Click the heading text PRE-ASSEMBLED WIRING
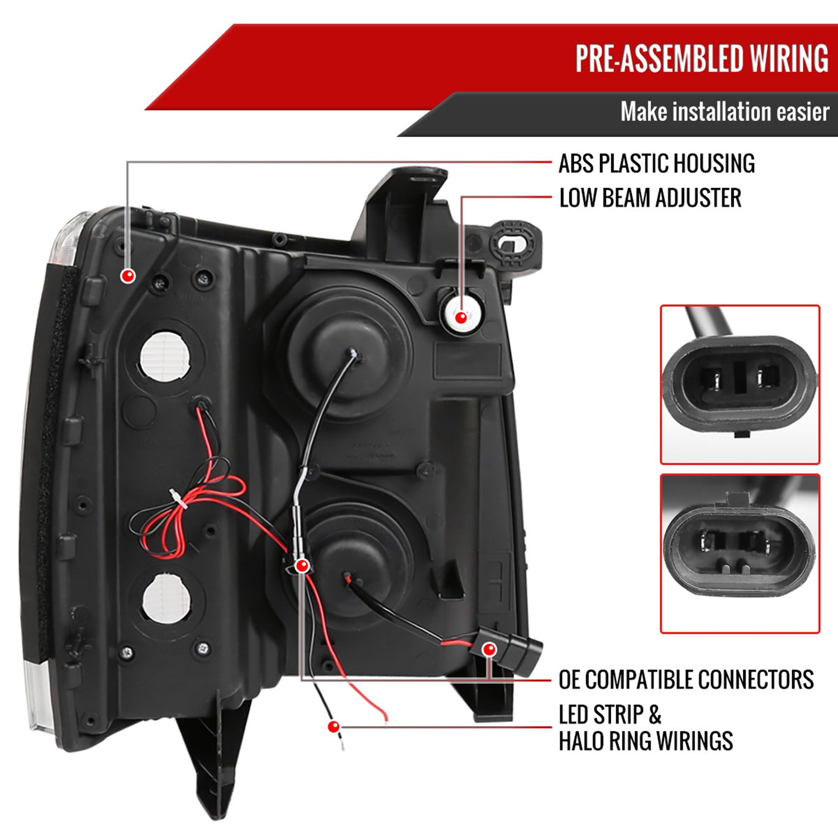tap(702, 59)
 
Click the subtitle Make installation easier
tap(725, 112)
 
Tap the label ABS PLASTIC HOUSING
tap(656, 164)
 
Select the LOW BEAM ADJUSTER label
tap(650, 198)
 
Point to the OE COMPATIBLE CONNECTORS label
tap(686, 680)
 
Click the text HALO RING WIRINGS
tap(646, 741)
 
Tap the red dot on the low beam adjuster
tap(461, 317)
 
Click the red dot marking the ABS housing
tap(128, 275)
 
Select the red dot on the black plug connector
tap(489, 649)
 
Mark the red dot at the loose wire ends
tap(334, 727)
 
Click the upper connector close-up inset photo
tap(740, 384)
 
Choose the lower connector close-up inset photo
tap(740, 554)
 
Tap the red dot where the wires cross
tap(302, 566)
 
